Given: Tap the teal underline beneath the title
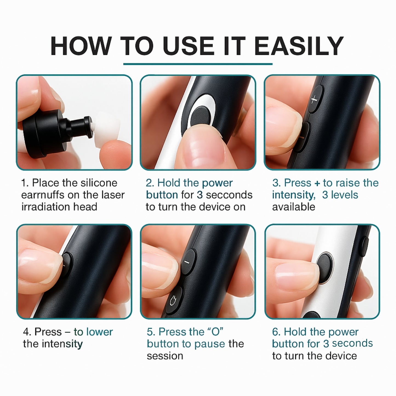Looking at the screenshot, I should click(198, 64).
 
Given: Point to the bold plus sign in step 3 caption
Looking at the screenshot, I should click(317, 183).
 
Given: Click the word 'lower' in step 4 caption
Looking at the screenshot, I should click(99, 332).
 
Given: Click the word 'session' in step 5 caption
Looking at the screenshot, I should click(165, 356).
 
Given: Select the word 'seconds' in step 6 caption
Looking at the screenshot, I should click(352, 343).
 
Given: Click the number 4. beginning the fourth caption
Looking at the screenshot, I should click(27, 332).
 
